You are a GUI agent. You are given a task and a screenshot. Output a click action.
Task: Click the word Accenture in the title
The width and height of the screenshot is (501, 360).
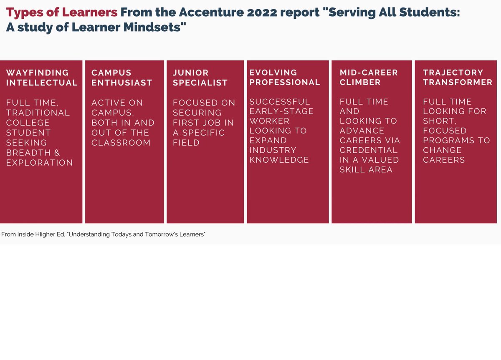(211, 12)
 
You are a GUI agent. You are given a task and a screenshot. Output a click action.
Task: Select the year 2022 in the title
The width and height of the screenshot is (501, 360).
(262, 12)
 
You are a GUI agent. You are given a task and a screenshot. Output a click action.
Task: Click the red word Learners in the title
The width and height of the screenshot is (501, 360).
(89, 12)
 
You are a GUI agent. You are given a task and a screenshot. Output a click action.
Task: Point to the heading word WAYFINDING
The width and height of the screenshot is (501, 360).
(38, 73)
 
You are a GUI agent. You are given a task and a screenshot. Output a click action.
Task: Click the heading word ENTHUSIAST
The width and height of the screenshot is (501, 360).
(121, 83)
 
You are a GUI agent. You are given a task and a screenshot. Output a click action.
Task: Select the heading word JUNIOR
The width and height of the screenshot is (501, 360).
(190, 73)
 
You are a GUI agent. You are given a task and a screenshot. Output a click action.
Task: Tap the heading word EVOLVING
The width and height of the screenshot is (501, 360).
(273, 73)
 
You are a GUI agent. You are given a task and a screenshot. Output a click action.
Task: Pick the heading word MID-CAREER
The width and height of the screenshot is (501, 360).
(369, 73)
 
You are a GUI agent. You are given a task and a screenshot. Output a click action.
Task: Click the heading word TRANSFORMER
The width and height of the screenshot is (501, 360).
(458, 83)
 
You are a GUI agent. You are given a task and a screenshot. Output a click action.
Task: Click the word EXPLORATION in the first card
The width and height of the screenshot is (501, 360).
(40, 163)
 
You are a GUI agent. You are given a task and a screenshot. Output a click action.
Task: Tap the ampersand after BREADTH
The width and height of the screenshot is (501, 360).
(57, 153)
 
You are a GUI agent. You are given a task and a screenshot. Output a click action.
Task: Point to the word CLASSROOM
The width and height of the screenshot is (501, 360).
(121, 143)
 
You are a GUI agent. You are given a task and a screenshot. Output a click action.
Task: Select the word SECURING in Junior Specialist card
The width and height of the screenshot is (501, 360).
(197, 113)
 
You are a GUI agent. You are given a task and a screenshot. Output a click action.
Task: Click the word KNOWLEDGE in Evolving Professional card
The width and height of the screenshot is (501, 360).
(279, 160)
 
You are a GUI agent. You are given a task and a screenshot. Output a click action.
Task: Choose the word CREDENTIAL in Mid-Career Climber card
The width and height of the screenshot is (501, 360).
(369, 150)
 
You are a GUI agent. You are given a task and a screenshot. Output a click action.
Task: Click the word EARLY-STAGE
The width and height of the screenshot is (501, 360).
(281, 111)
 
